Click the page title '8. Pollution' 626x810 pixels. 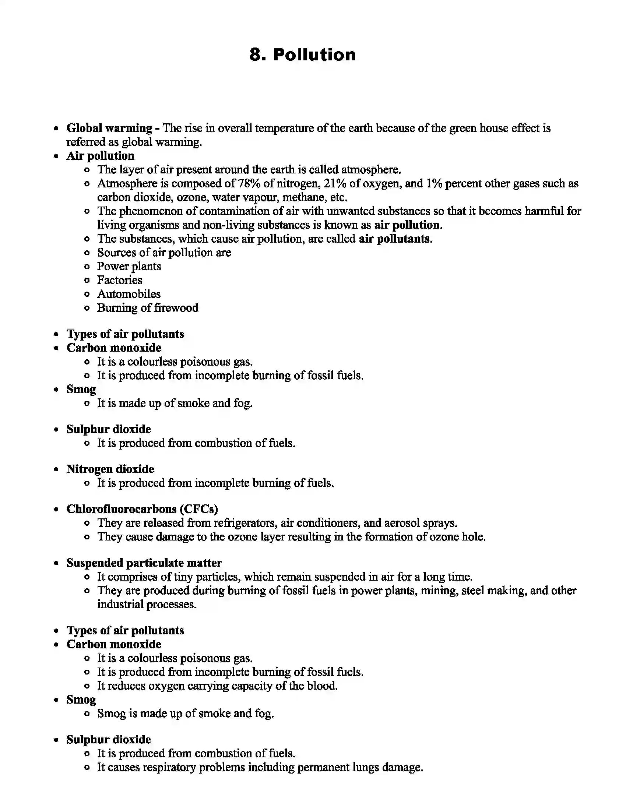[303, 54]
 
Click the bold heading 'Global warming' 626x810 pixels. [109, 128]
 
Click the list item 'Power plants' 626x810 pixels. [129, 266]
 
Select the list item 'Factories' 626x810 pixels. [119, 280]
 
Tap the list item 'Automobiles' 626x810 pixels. [129, 294]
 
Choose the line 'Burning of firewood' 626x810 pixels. [148, 307]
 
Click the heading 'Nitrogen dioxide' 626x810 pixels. [110, 469]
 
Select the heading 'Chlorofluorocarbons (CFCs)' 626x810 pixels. [142, 509]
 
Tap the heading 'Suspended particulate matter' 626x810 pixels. [144, 563]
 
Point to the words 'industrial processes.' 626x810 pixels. [147, 604]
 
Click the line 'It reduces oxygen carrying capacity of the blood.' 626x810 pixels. [217, 686]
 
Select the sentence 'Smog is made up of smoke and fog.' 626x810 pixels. [186, 713]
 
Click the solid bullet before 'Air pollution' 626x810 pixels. [56, 156]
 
